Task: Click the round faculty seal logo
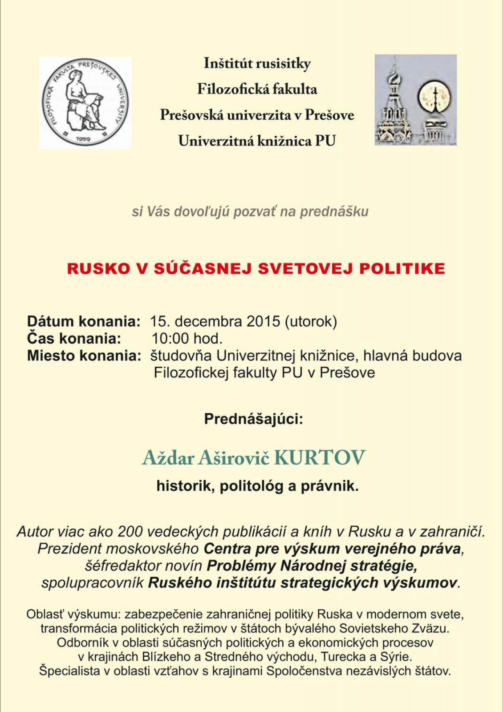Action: coord(85,102)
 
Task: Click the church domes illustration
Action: coord(415,100)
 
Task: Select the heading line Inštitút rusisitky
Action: coord(257,64)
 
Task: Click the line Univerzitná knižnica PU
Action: coord(257,141)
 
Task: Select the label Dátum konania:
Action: coord(84,321)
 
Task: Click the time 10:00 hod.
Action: coord(187,339)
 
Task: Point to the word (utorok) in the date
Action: coord(311,321)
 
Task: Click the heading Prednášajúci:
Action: coord(253,419)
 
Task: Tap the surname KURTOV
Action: coord(319,458)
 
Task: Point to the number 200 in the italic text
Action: coord(130,531)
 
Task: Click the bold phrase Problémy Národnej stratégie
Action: coord(312,566)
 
